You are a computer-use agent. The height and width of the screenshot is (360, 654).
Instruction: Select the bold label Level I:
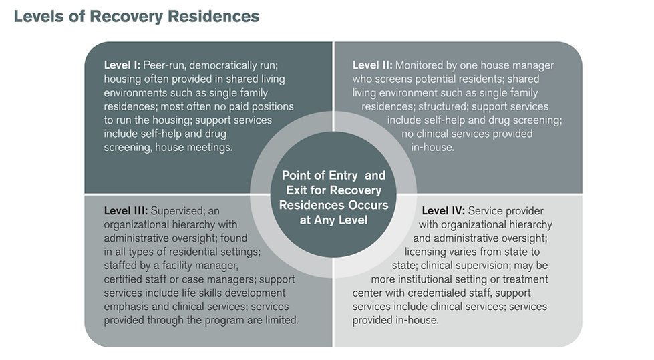pyautogui.click(x=122, y=65)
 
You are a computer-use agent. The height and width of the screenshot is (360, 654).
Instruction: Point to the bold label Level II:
pyautogui.click(x=373, y=65)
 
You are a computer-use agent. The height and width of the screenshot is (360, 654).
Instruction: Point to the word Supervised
pyautogui.click(x=181, y=211)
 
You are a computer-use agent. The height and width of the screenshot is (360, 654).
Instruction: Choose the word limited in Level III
pyautogui.click(x=279, y=320)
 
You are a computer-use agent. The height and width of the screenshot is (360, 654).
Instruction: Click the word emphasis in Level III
pyautogui.click(x=126, y=307)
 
